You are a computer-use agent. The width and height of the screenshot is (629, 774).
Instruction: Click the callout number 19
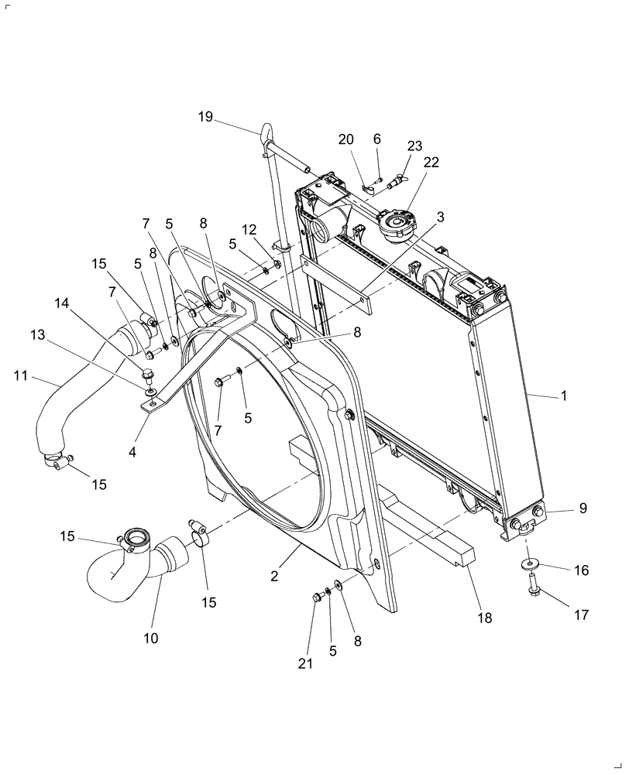pos(205,117)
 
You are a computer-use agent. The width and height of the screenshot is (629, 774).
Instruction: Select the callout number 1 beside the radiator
pos(564,396)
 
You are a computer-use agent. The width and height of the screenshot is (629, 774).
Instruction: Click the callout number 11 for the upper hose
pos(20,375)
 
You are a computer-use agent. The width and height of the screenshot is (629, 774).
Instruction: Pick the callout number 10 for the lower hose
pos(150,638)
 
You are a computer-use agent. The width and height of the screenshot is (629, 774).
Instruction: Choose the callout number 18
pos(486,618)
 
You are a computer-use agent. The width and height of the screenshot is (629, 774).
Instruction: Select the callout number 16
pos(582,570)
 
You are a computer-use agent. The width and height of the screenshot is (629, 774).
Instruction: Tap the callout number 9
pos(583,509)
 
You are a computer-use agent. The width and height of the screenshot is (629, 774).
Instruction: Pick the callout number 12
pos(248,230)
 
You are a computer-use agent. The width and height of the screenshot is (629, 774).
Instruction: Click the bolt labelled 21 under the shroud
pos(317,596)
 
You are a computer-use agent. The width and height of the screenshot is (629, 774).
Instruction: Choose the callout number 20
pos(345,139)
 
